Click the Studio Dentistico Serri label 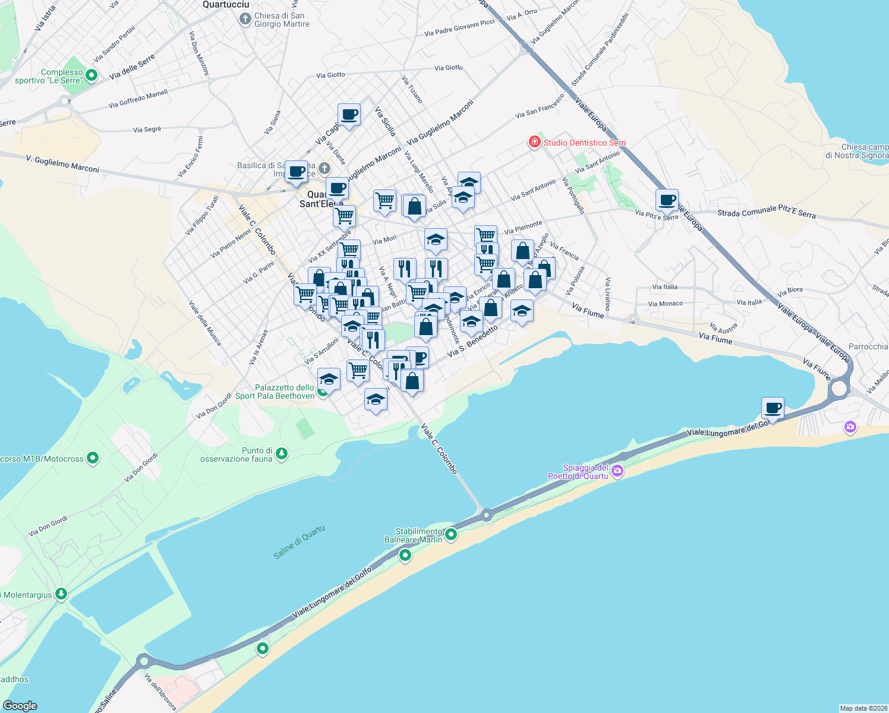[585, 143]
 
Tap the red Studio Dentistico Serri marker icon [534, 142]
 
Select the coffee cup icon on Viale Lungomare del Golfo [773, 408]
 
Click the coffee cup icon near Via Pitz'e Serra [667, 200]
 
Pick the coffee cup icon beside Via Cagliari [349, 114]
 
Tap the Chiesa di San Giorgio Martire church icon [245, 20]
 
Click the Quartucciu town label [226, 5]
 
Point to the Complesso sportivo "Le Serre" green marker [92, 75]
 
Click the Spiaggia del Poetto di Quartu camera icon [617, 471]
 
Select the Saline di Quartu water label [300, 542]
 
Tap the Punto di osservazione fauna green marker [282, 455]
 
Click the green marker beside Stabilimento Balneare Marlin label [451, 535]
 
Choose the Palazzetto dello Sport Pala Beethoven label [275, 392]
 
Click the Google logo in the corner [20, 705]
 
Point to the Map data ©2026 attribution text [863, 708]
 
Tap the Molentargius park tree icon [61, 594]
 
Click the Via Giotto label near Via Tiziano [449, 68]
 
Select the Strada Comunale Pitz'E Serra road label [767, 212]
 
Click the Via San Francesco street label [540, 106]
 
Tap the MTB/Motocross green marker [93, 458]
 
